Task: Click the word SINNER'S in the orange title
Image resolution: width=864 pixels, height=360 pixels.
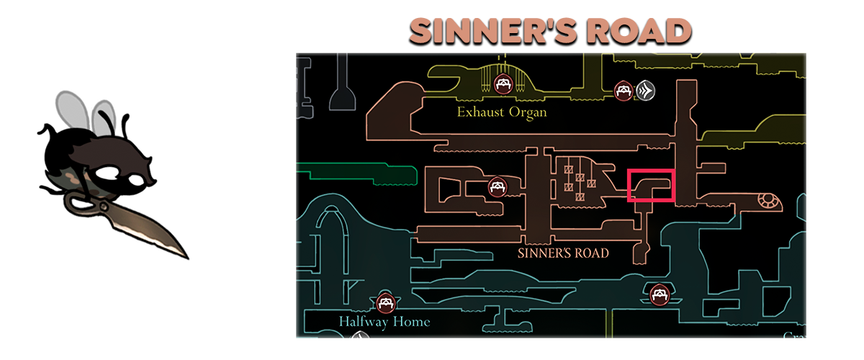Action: (490, 31)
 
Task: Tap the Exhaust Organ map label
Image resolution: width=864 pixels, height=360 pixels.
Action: (502, 112)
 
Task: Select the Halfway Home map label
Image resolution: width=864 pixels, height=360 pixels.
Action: (384, 321)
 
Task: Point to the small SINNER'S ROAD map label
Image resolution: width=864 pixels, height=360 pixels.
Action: (563, 253)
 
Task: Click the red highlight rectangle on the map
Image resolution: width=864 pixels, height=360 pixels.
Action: (651, 186)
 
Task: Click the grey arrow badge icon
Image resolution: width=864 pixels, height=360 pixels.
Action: (644, 91)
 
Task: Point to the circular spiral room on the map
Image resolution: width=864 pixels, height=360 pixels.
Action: (768, 202)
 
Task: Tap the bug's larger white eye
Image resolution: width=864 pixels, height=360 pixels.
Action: (112, 174)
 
